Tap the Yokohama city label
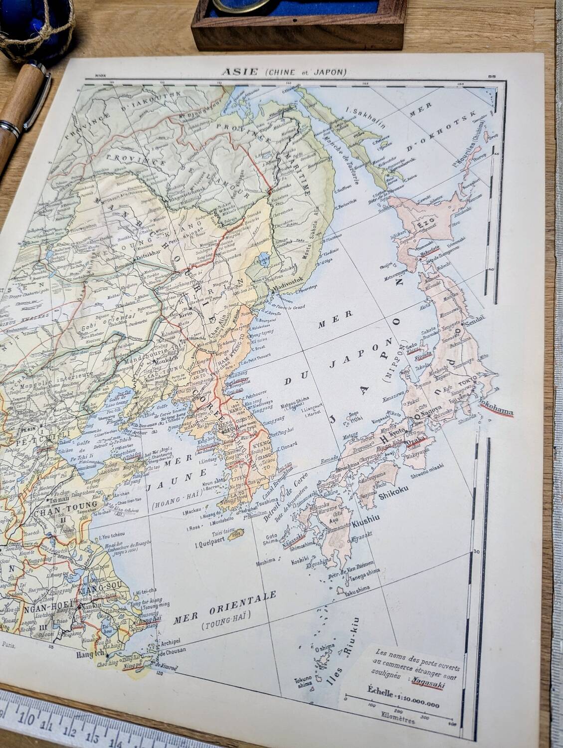point(495,406)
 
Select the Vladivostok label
point(288,289)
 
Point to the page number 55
point(492,76)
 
